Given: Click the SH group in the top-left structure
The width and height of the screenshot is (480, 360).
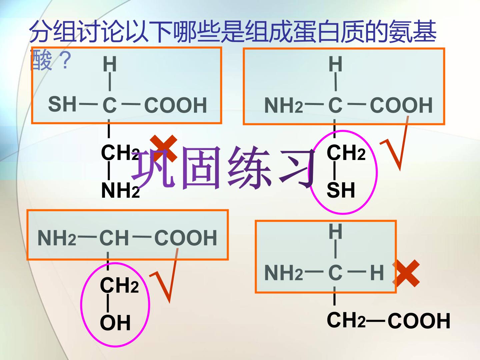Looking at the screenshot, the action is [62, 104].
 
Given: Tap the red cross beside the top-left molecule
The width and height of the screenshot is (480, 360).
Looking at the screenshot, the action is [164, 148].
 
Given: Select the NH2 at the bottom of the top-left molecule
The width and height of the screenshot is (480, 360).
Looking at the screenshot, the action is [120, 190].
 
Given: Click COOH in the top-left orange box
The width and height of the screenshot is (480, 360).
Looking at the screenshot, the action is [176, 105].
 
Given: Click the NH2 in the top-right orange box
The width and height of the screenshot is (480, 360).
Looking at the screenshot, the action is [284, 105].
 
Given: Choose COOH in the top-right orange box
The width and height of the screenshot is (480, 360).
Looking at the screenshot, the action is [401, 105].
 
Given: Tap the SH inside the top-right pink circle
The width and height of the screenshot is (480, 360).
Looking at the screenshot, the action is [341, 190].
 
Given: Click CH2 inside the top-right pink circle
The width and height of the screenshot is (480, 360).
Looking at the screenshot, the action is [346, 152].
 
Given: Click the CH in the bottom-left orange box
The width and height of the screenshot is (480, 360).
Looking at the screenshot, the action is [114, 238].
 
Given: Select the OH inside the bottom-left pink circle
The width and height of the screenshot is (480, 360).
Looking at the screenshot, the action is [115, 323].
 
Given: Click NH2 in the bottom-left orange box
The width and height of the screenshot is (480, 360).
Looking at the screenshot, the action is [57, 238].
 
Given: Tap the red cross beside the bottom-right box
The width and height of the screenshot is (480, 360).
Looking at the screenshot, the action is [406, 273].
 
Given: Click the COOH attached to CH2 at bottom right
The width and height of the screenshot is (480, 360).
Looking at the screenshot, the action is [419, 320].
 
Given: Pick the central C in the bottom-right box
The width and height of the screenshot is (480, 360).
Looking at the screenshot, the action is [335, 273].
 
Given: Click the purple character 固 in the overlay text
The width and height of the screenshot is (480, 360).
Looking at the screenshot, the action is [202, 168].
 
